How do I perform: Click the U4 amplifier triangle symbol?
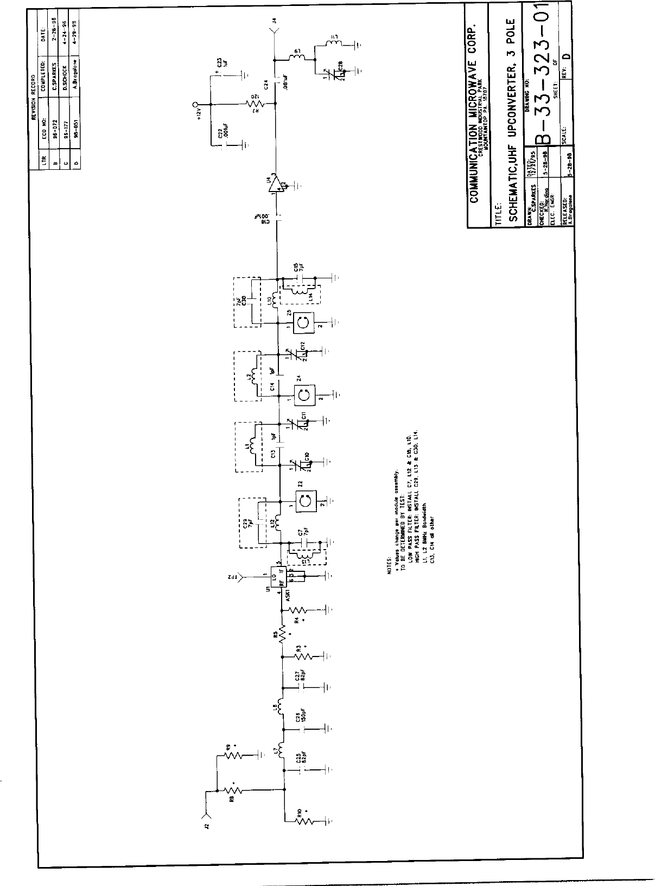point(278,185)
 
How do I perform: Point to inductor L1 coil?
point(253,446)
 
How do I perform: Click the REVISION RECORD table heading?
point(33,97)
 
